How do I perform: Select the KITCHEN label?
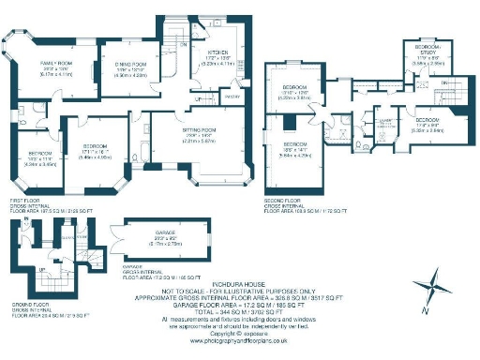point(217,52)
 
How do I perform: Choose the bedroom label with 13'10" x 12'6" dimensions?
point(293,87)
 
